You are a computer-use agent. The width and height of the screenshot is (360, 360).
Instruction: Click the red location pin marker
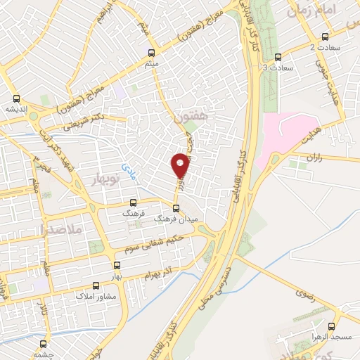click(x=181, y=165)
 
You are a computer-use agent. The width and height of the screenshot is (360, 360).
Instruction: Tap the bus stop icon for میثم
click(x=152, y=53)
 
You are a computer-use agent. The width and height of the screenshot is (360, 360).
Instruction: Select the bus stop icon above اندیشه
click(x=18, y=98)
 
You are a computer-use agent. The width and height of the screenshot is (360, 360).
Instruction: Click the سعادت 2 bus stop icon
click(x=324, y=37)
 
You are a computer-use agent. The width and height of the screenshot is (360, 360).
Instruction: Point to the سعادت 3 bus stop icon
click(x=278, y=57)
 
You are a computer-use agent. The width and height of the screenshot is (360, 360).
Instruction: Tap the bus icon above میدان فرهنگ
click(x=176, y=208)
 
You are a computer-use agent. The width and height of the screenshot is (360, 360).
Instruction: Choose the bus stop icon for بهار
click(x=117, y=265)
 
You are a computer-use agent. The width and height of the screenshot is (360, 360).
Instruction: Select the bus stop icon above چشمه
click(x=44, y=345)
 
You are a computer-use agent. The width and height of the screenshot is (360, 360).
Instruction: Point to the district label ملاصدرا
click(x=62, y=229)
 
